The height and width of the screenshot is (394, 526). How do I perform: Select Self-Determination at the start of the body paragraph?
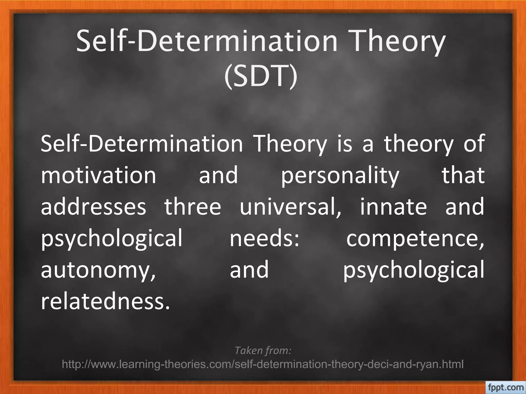[x=142, y=144]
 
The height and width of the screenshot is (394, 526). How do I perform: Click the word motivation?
[x=99, y=175]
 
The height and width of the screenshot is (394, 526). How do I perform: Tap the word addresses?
[x=93, y=207]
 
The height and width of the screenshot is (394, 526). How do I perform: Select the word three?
[x=193, y=207]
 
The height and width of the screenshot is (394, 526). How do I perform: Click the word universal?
[x=290, y=207]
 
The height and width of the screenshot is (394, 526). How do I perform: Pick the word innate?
[x=393, y=207]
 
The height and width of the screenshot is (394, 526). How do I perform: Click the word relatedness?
[x=105, y=302]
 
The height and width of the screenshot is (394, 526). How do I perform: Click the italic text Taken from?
[x=263, y=350]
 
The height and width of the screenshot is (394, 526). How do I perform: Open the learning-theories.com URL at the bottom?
[x=263, y=364]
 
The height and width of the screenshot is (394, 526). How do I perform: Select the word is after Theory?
[x=344, y=144]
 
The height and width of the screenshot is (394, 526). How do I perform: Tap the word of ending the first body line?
[x=474, y=144]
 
